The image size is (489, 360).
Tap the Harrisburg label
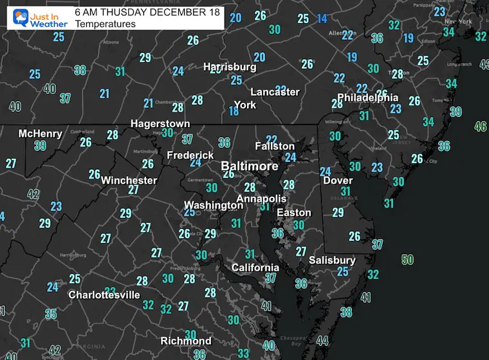[230, 67]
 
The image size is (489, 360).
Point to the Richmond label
[186, 341]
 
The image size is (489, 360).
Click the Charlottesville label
[104, 295]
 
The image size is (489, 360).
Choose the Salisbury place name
[331, 260]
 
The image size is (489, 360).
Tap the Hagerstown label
[160, 123]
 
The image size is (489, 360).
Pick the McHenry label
[41, 134]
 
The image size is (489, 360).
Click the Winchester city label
[129, 180]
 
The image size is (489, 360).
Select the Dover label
[337, 181]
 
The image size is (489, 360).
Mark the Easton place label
[294, 213]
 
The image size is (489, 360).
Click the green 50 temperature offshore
[407, 260]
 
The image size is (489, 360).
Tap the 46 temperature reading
[480, 127]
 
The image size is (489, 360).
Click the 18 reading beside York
[234, 111]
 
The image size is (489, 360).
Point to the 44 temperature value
[322, 341]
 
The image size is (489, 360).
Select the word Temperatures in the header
[105, 24]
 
